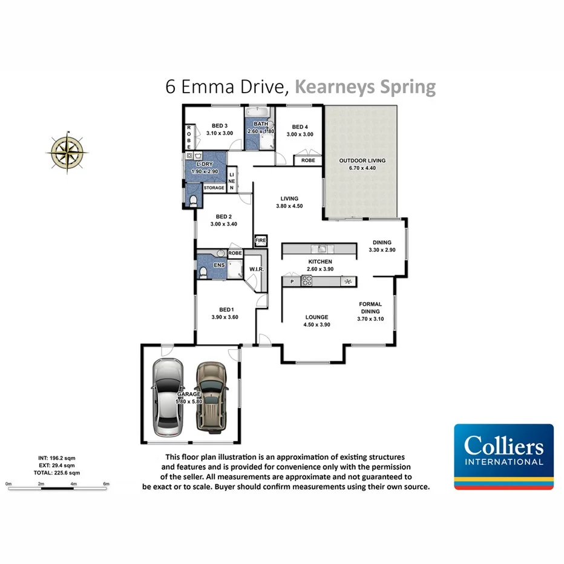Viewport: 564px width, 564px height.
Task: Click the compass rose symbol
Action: [x=67, y=149]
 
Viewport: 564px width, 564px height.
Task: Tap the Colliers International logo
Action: [x=503, y=456]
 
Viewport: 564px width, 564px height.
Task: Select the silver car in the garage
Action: [x=168, y=398]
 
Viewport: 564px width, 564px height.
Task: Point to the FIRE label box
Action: [x=260, y=240]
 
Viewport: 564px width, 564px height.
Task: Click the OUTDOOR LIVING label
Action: [x=362, y=160]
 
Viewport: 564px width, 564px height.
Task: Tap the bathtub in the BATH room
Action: [x=260, y=113]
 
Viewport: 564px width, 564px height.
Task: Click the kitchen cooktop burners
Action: [x=306, y=281]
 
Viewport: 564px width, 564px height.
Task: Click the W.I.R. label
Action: [x=255, y=269]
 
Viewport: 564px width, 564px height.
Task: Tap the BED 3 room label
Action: [x=219, y=126]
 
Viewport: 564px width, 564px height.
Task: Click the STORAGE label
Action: [x=214, y=188]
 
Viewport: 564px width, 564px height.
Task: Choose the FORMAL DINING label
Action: [x=370, y=307]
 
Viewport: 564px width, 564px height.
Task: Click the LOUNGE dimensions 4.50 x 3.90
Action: [x=316, y=324]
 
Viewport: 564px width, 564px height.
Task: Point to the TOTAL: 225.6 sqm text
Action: [x=57, y=473]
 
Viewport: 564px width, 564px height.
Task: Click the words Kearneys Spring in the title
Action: [x=365, y=87]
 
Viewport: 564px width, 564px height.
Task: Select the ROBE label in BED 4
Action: [x=307, y=160]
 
